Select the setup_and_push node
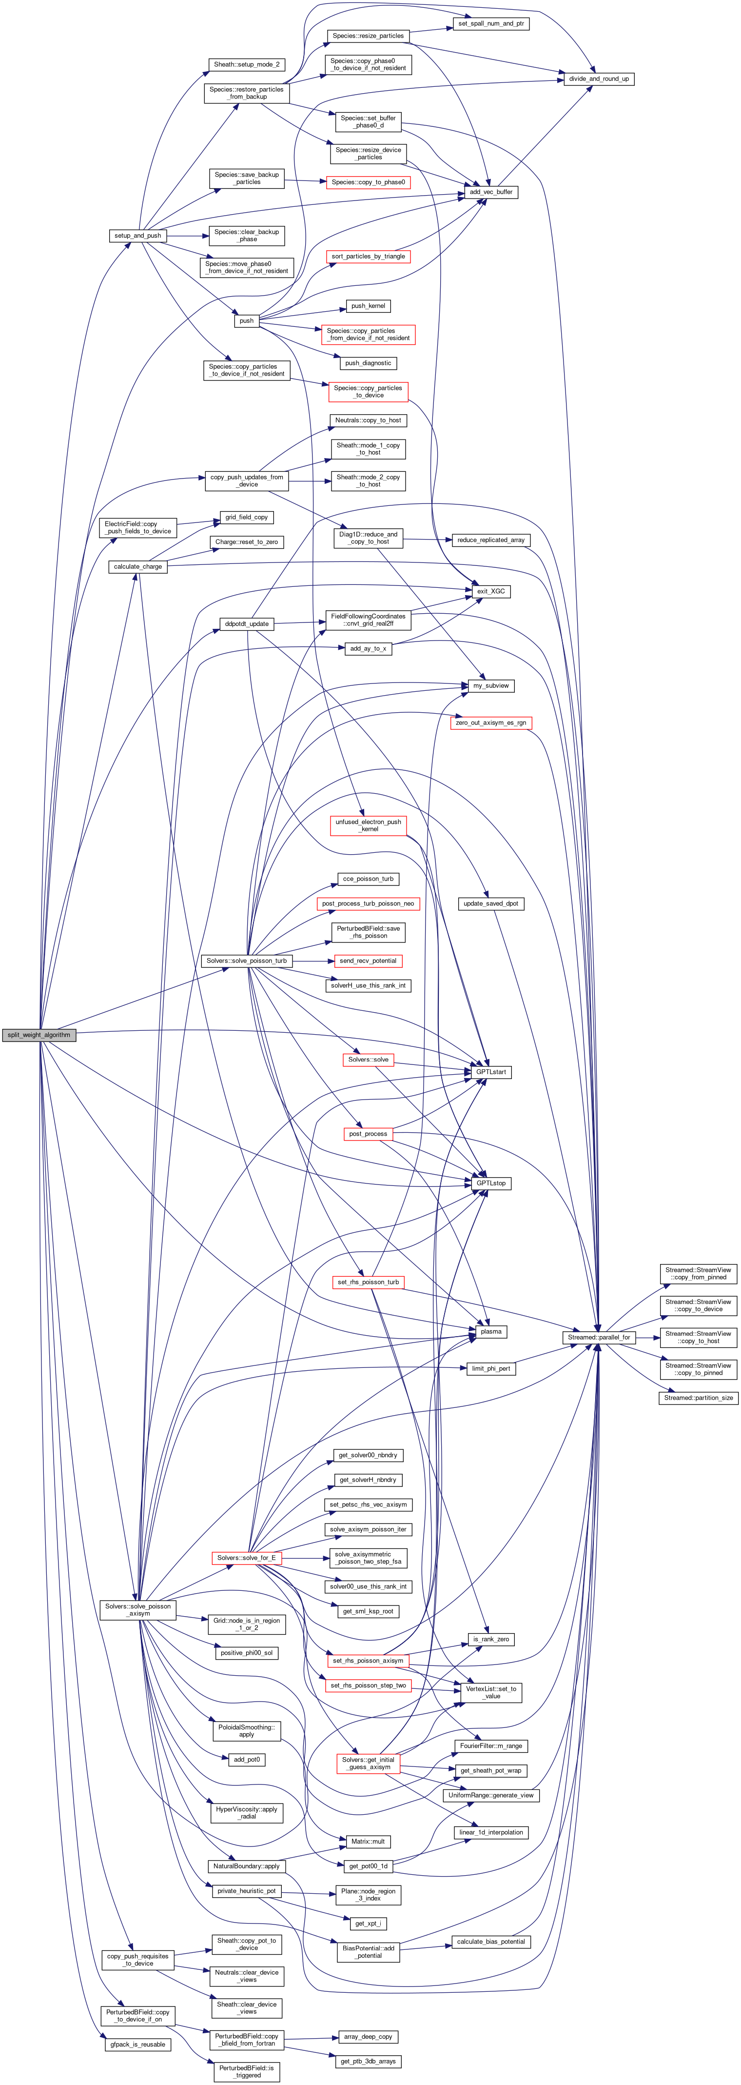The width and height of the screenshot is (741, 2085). [137, 236]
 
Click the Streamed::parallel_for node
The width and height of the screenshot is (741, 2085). [598, 1338]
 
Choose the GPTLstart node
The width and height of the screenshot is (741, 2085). [491, 1072]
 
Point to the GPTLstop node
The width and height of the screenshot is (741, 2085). [491, 1183]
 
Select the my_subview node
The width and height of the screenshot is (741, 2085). [491, 685]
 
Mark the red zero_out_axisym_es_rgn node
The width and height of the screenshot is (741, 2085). [491, 723]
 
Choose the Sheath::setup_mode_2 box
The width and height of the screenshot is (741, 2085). [247, 64]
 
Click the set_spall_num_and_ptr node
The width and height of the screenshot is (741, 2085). [491, 23]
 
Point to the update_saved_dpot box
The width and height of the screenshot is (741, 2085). [491, 903]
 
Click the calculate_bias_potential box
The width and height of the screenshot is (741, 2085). [491, 1942]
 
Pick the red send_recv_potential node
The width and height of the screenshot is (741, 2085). [368, 961]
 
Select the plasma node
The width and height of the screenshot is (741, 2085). [491, 1331]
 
